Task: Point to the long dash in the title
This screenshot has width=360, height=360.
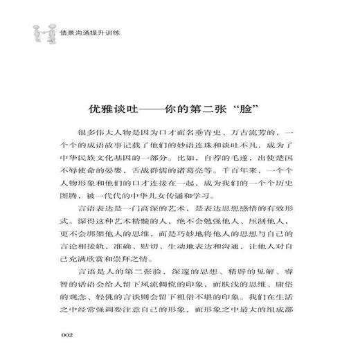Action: (x=158, y=111)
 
